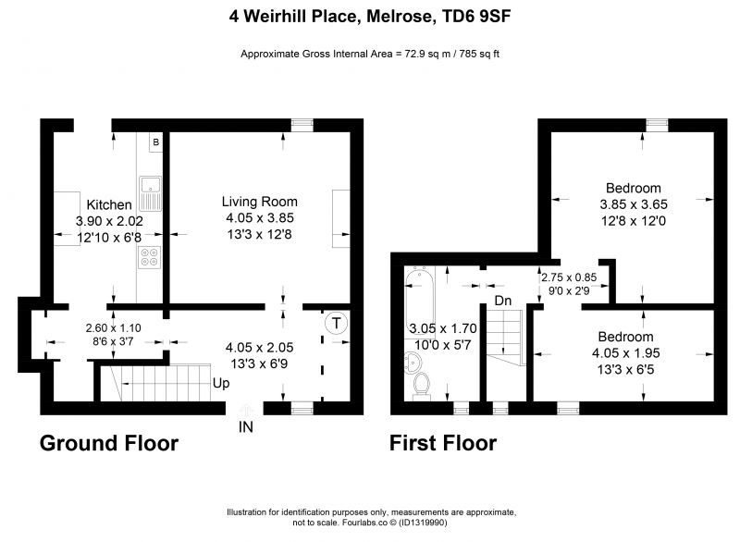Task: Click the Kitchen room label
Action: pos(109,204)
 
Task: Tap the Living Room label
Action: pos(260,202)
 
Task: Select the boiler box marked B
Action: pos(155,142)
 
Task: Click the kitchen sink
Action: pos(150,193)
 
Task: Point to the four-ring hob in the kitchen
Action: pos(150,257)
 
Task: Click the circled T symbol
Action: pos(336,324)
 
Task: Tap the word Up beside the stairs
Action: pos(221,383)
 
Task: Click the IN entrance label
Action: pos(245,427)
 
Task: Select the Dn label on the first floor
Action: pos(503,301)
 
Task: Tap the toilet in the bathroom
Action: pos(422,386)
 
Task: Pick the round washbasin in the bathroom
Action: pos(413,363)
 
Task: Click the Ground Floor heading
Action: pos(109,443)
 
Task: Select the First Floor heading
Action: pos(443,443)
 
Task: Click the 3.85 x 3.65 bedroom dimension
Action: pos(634,204)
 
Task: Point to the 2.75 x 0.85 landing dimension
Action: pos(569,277)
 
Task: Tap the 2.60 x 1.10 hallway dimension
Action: pos(113,327)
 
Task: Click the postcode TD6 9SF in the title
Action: pos(475,17)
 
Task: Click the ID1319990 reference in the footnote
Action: pos(423,523)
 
